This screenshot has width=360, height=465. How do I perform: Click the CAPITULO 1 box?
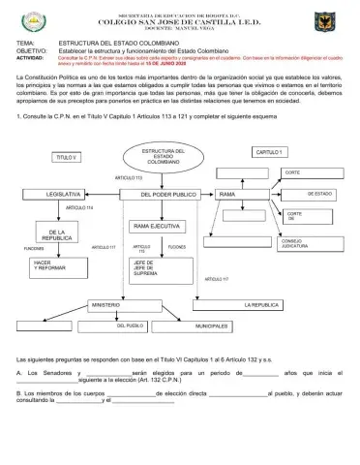tap(270, 152)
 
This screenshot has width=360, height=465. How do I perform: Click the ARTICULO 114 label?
tap(79, 208)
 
